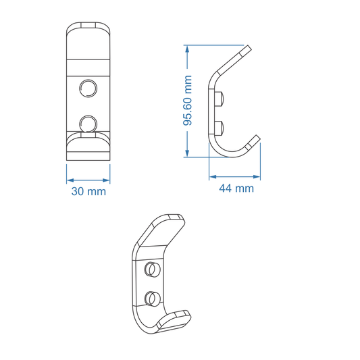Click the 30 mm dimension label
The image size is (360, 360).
[x=88, y=192]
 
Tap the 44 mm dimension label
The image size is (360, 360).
[x=236, y=188]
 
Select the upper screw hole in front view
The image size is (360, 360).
[x=88, y=86]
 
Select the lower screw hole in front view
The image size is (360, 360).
[x=88, y=122]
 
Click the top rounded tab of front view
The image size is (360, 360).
[x=88, y=28]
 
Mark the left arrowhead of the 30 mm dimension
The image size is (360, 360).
[x=68, y=180]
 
